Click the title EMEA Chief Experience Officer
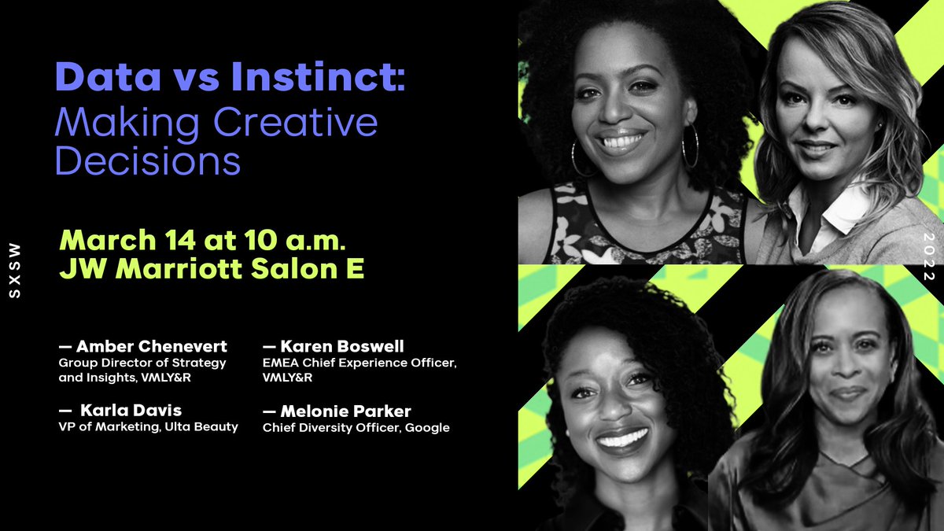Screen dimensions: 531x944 [359, 363]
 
